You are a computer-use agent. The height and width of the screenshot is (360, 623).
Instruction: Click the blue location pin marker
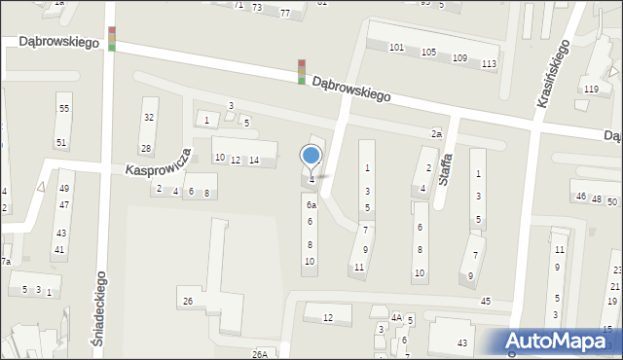(311, 156)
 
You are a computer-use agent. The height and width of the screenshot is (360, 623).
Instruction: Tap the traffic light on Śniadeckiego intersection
(112, 39)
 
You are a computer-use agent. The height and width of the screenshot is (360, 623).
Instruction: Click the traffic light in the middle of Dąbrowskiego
(302, 72)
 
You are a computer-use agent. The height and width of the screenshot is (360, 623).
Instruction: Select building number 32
(149, 118)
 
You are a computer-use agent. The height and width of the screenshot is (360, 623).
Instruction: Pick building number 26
(188, 302)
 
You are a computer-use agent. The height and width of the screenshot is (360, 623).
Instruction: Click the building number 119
(591, 90)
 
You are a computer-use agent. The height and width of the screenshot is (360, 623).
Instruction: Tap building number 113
(489, 64)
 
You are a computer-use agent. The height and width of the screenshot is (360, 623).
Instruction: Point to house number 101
(396, 48)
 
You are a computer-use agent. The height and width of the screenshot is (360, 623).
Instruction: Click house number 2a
(437, 133)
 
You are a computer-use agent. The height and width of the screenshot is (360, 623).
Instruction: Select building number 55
(63, 109)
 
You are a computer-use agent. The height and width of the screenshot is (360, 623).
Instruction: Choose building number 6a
(311, 205)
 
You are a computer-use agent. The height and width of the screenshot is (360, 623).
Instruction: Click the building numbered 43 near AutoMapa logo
(462, 343)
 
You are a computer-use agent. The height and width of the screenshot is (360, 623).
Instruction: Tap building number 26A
(260, 354)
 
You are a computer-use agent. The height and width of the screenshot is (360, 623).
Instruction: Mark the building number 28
(146, 149)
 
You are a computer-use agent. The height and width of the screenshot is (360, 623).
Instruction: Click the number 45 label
(486, 301)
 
